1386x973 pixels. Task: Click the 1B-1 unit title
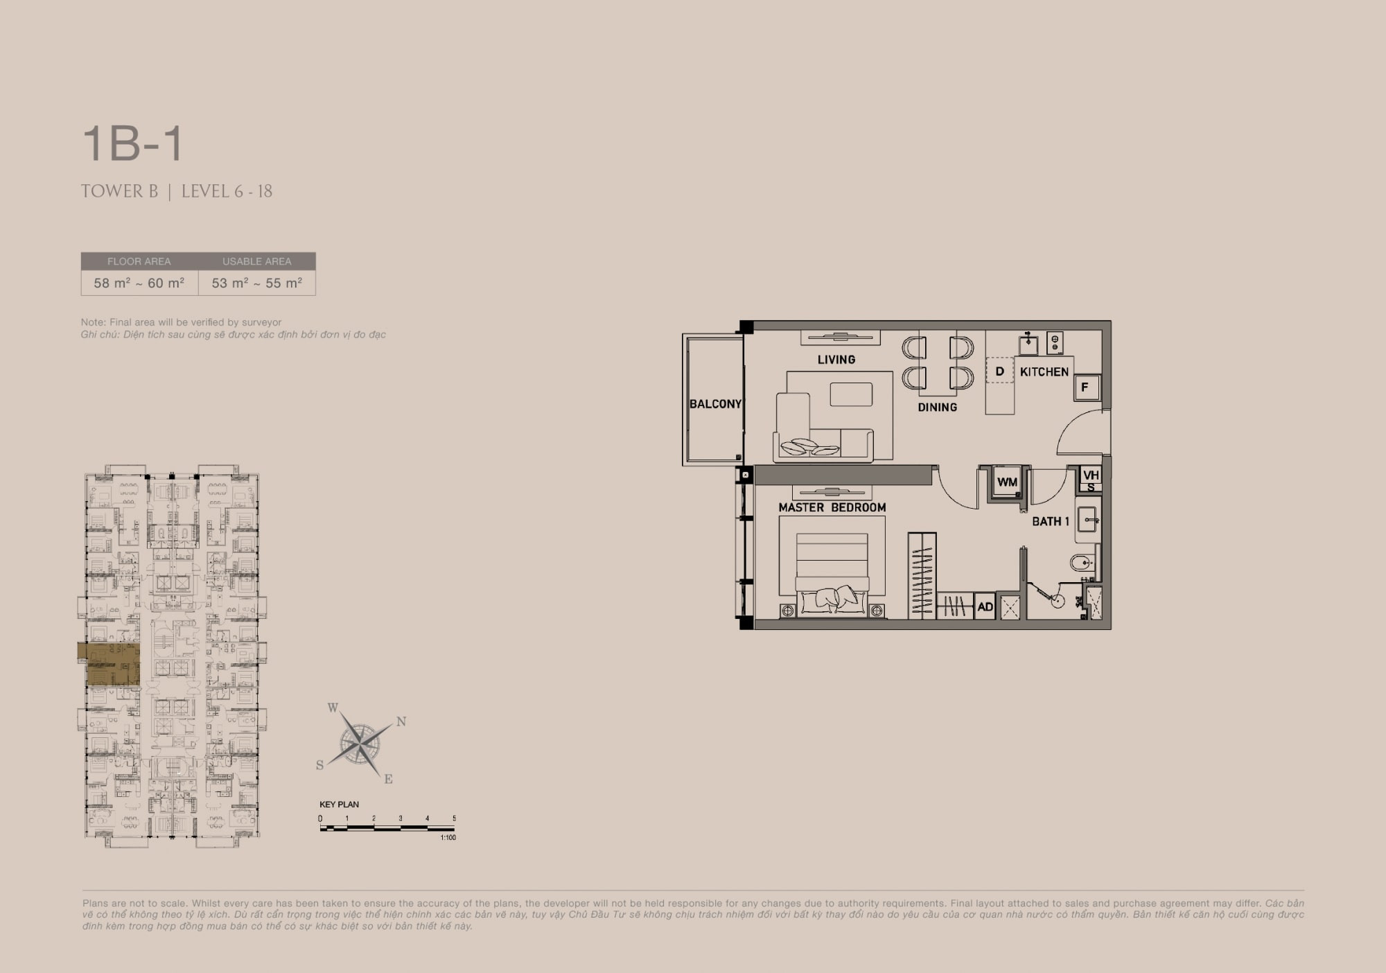[x=132, y=143]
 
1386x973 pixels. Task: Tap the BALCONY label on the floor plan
[x=715, y=404]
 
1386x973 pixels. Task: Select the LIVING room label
[x=836, y=360]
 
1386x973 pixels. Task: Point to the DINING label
[x=937, y=407]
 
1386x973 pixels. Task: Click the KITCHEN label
[x=1044, y=372]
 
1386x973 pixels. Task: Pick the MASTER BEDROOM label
[x=832, y=507]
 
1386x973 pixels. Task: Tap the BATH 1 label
[x=1051, y=521]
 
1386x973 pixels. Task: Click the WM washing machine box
[x=1007, y=482]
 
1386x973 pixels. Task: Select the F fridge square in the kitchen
[x=1085, y=388]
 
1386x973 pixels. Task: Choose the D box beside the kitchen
[x=999, y=371]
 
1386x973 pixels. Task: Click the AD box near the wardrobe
[x=985, y=607]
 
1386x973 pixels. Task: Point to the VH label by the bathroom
[x=1091, y=475]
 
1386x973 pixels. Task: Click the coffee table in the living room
[x=851, y=394]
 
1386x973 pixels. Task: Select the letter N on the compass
[x=401, y=721]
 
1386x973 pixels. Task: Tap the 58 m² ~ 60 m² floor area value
[x=139, y=283]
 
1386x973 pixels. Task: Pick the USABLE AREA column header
[x=256, y=261]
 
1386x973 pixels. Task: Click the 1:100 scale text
[x=448, y=838]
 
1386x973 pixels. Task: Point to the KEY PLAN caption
[x=339, y=805]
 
